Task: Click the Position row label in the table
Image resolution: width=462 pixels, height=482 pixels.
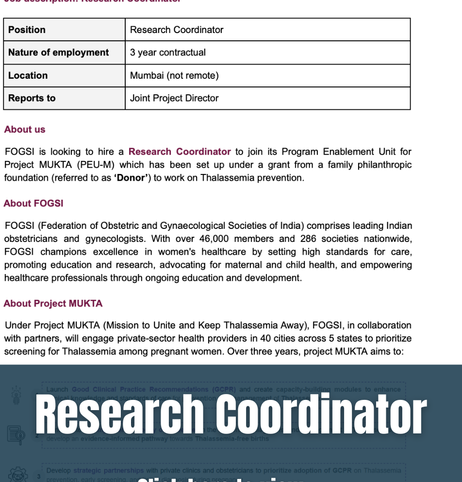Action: pos(27,30)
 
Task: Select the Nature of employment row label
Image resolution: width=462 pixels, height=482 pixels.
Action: pos(58,52)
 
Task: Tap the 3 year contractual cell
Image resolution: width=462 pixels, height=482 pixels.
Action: pos(168,52)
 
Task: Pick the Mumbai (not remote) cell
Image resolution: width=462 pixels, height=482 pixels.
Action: pos(174,75)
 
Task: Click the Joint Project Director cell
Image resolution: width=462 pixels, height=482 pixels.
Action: pos(174,98)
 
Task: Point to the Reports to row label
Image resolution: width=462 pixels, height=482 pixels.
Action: pos(32,98)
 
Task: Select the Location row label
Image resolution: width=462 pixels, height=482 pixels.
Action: pos(28,75)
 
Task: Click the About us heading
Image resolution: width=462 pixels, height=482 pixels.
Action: pos(25,129)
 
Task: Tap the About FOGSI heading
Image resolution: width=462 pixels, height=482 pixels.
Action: pos(33,203)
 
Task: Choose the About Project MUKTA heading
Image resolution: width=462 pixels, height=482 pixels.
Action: pos(53,303)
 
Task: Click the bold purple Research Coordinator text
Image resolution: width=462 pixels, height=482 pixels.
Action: pos(180,152)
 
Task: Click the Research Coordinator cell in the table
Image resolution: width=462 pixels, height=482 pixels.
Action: pos(177,30)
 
